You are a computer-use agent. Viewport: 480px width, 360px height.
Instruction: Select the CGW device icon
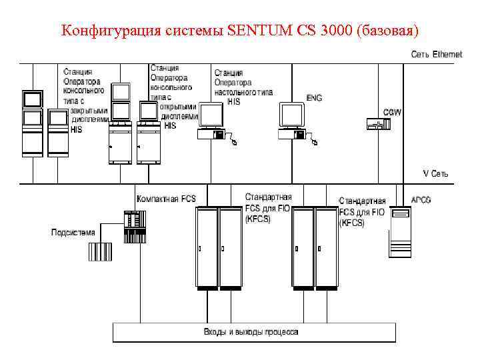(x=373, y=123)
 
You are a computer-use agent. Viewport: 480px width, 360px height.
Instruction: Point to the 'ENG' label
(x=313, y=98)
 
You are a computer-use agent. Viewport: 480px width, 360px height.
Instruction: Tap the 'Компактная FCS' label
(x=166, y=198)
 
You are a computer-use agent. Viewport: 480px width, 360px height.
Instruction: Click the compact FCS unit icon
(x=134, y=227)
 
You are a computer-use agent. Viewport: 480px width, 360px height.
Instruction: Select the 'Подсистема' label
(x=73, y=233)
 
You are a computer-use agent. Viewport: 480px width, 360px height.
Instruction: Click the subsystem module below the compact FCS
(x=102, y=252)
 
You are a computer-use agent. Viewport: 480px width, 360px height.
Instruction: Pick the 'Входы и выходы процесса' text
(x=251, y=331)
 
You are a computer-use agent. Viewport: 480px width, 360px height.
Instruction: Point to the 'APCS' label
(x=421, y=199)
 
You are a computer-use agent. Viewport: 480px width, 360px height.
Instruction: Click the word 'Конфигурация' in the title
(x=102, y=31)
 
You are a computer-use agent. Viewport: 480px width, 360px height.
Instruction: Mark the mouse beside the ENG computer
(x=314, y=141)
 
